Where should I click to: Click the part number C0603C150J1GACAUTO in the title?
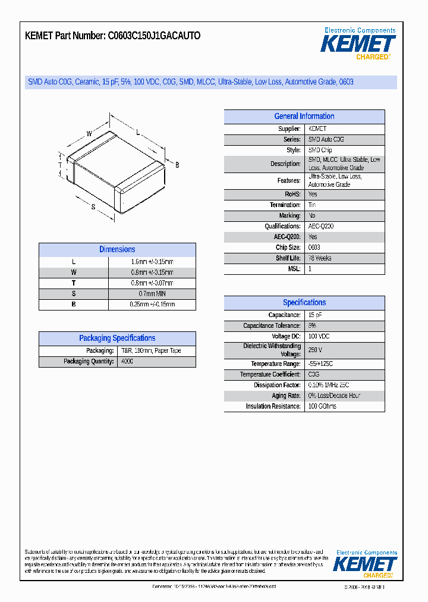tap(154, 36)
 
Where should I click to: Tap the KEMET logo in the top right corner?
tap(358, 44)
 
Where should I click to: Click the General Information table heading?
tap(304, 117)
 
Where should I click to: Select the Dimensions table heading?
tap(117, 250)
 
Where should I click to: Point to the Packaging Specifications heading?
tap(117, 338)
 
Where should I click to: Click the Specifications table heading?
tap(304, 303)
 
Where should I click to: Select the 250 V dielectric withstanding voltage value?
tap(315, 350)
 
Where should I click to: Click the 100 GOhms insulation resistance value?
tap(322, 406)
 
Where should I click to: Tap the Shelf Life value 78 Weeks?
tap(320, 258)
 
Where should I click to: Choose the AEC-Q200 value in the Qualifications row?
tap(321, 226)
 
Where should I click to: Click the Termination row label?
tap(285, 205)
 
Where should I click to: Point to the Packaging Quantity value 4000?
tap(127, 361)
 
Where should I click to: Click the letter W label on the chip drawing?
tap(89, 134)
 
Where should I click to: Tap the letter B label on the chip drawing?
tap(177, 165)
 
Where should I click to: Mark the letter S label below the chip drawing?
tap(93, 206)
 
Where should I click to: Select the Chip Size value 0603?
tap(314, 247)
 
